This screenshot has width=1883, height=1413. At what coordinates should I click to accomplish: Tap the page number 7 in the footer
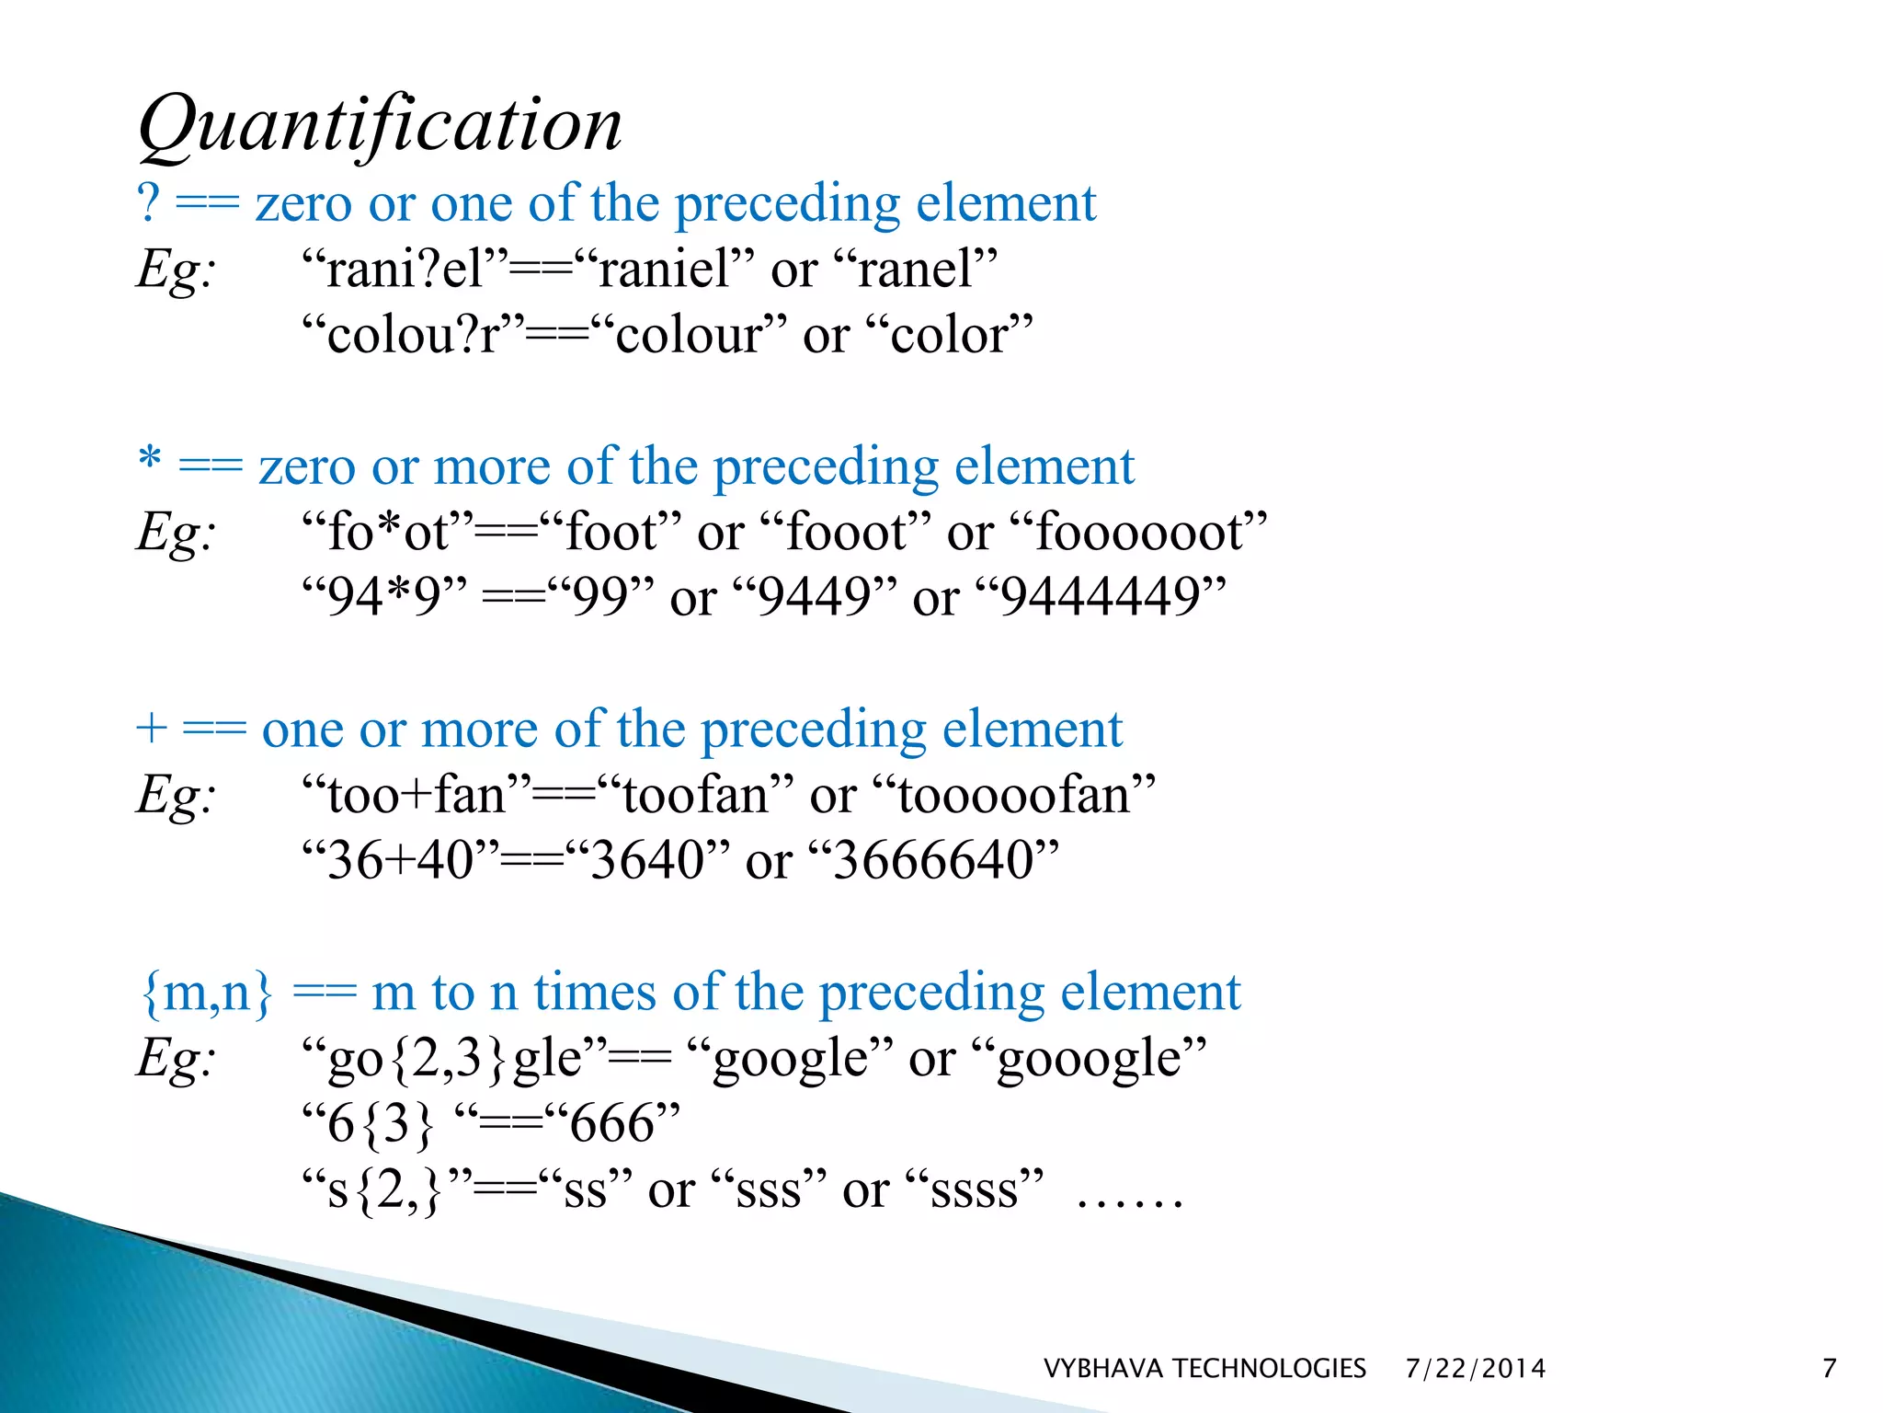pos(1829,1368)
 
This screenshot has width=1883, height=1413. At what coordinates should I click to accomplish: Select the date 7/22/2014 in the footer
pos(1475,1368)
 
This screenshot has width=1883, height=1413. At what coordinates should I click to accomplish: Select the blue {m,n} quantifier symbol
pos(207,993)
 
